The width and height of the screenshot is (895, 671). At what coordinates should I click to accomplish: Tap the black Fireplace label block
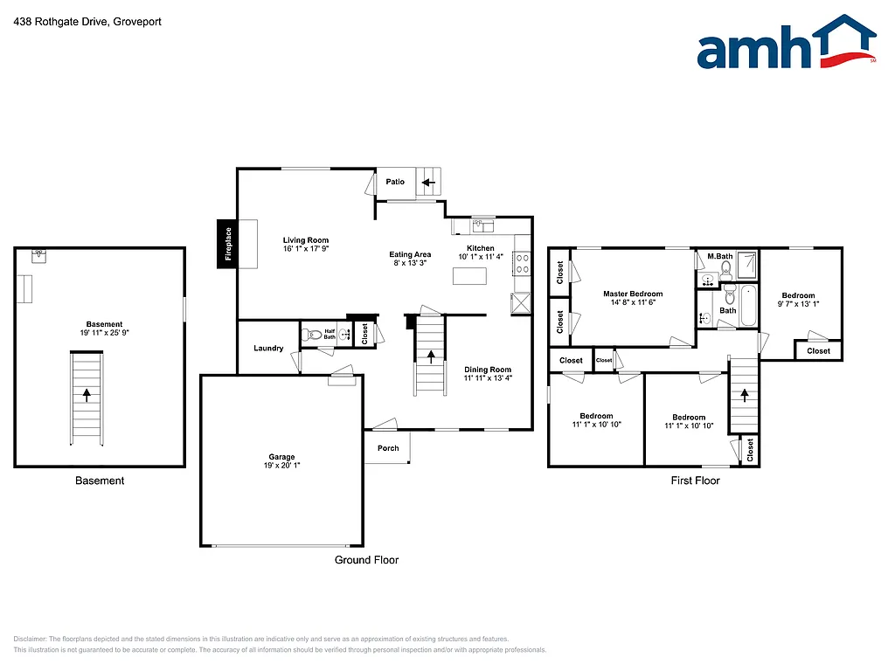tap(227, 244)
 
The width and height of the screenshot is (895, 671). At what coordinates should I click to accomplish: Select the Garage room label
tap(281, 457)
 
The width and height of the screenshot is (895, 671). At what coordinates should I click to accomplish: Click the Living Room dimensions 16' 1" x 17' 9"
tap(306, 249)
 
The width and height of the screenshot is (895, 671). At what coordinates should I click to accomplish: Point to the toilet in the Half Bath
tap(311, 334)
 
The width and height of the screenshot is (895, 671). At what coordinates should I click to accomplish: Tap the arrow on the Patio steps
tap(427, 183)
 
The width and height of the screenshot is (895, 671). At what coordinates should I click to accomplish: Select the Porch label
tap(388, 448)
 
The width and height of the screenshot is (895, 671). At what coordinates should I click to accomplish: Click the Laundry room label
tap(268, 349)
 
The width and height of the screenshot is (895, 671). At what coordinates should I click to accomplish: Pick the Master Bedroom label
tap(633, 294)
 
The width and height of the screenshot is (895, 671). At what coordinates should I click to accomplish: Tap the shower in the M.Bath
tap(747, 263)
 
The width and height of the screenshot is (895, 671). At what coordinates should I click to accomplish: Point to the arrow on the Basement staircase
tap(87, 394)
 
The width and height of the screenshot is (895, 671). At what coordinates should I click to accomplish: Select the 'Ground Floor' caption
tap(366, 560)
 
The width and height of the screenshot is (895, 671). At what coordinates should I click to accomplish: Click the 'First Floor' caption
tap(695, 480)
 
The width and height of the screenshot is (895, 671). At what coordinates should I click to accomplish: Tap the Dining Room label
tap(488, 370)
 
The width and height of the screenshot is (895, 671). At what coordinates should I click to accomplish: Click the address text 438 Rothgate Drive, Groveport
tap(75, 21)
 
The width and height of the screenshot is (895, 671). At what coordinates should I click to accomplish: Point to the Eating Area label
tap(411, 255)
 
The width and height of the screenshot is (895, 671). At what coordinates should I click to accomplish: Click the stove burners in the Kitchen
tap(523, 258)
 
